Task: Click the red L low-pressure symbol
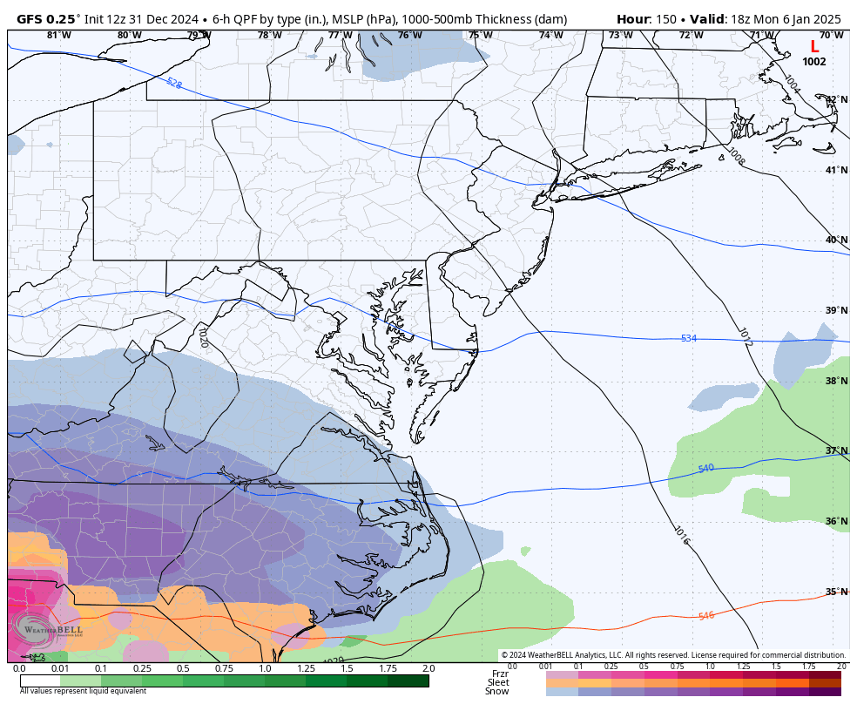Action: pyautogui.click(x=814, y=47)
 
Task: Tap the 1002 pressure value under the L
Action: pyautogui.click(x=814, y=62)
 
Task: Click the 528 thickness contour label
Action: pyautogui.click(x=174, y=84)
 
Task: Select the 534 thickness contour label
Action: pyautogui.click(x=689, y=338)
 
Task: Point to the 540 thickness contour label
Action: pyautogui.click(x=705, y=469)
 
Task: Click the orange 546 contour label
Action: pyautogui.click(x=705, y=616)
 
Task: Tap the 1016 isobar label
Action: pyautogui.click(x=682, y=535)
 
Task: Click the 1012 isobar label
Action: pyautogui.click(x=745, y=338)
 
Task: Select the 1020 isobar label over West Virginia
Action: pyautogui.click(x=202, y=338)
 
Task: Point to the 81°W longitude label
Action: pyautogui.click(x=58, y=36)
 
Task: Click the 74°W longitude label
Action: pyautogui.click(x=550, y=36)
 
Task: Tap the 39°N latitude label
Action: pyautogui.click(x=837, y=310)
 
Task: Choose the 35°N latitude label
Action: pyautogui.click(x=837, y=592)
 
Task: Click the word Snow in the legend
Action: pyautogui.click(x=497, y=691)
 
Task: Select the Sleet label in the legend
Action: pyautogui.click(x=498, y=682)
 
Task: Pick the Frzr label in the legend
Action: pyautogui.click(x=500, y=674)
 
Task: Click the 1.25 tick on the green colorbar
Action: pyautogui.click(x=306, y=668)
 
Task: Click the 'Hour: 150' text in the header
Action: pyautogui.click(x=646, y=19)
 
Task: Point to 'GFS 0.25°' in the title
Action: pyautogui.click(x=49, y=19)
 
